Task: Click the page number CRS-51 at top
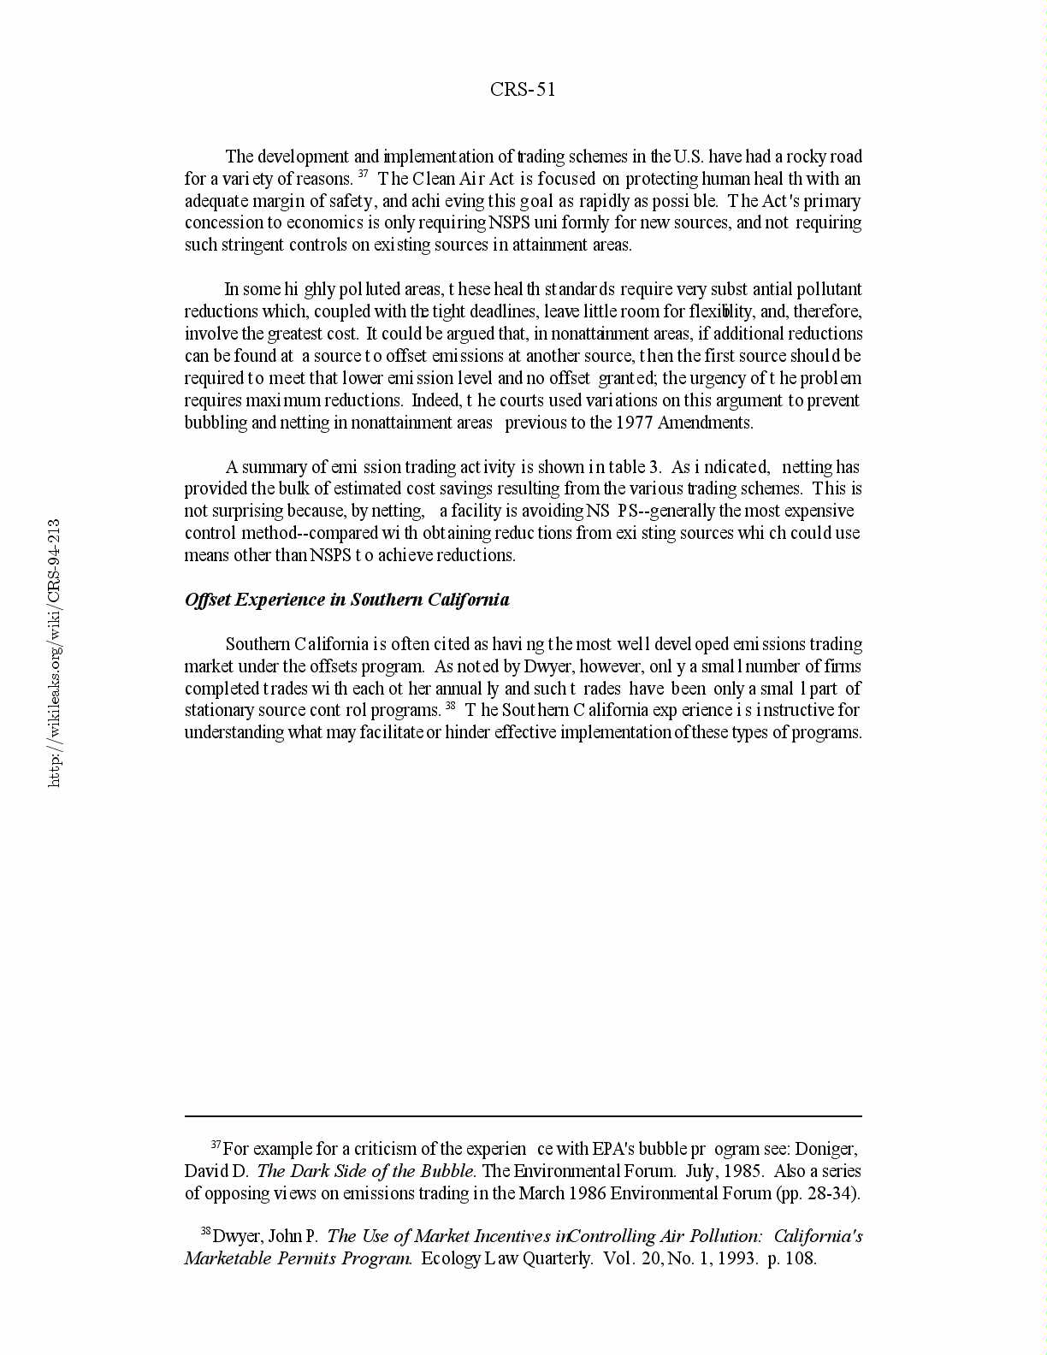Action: tap(523, 90)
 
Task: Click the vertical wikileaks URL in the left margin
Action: tap(54, 653)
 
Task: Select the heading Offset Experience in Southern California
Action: tap(346, 600)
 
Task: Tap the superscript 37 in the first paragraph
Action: tap(363, 175)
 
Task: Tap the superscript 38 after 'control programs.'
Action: tap(450, 706)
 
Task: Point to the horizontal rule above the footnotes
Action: tap(523, 1115)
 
